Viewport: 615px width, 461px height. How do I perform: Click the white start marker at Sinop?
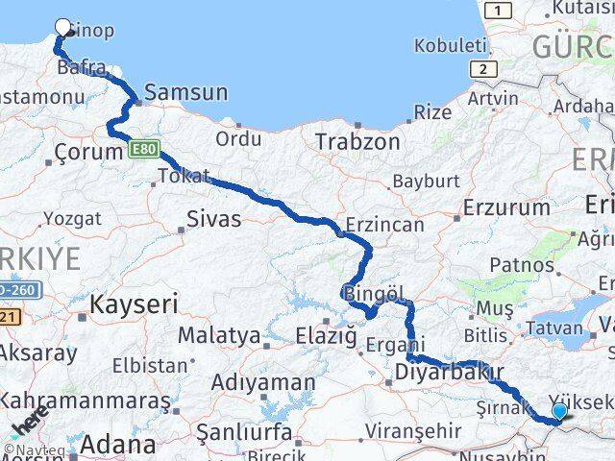[x=63, y=28]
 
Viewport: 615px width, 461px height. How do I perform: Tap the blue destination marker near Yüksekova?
[x=560, y=411]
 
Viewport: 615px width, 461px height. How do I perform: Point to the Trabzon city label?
[x=357, y=141]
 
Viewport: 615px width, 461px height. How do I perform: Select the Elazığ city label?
[x=323, y=337]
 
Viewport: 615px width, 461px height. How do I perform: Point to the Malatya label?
[x=219, y=336]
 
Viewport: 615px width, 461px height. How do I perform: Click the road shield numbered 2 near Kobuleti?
[x=482, y=68]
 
